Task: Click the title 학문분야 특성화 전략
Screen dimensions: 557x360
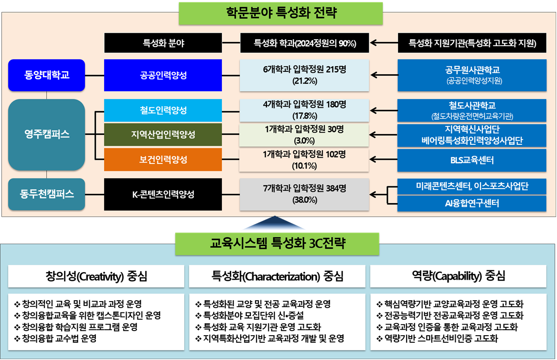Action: (281, 13)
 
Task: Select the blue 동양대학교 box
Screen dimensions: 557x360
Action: (47, 75)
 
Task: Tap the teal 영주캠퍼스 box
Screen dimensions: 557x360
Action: (47, 134)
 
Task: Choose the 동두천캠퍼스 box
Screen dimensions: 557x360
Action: (47, 194)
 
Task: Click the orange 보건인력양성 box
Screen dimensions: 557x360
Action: (163, 160)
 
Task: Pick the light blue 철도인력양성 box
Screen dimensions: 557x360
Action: (163, 110)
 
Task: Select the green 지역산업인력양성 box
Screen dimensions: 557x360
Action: (163, 134)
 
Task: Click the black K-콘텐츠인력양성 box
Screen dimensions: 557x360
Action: (163, 194)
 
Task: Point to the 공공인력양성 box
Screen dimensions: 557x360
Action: (163, 75)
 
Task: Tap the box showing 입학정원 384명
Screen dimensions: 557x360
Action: (304, 195)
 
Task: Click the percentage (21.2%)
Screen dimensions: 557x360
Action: (305, 81)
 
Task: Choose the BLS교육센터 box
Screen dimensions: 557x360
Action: (472, 160)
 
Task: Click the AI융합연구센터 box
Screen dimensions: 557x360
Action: (472, 204)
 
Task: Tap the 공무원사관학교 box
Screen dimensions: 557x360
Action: (472, 75)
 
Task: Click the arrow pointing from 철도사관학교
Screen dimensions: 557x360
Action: (384, 111)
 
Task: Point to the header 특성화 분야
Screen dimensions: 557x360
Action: (163, 43)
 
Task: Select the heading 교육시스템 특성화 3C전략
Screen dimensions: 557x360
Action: (278, 244)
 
